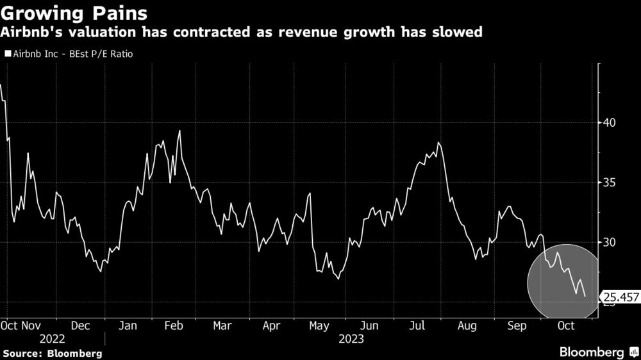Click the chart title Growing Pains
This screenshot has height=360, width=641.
click(74, 13)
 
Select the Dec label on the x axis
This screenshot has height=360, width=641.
click(80, 326)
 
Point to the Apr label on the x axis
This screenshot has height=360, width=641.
click(271, 326)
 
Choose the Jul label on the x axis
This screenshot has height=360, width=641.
click(418, 326)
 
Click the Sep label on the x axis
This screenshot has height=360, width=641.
click(517, 326)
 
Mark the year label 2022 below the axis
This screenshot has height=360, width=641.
click(52, 338)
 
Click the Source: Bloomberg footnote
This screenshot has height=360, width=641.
click(52, 352)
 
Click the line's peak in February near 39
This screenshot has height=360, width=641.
click(179, 131)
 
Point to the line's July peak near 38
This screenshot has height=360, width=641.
click(438, 143)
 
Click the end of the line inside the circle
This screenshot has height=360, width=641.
click(585, 295)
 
